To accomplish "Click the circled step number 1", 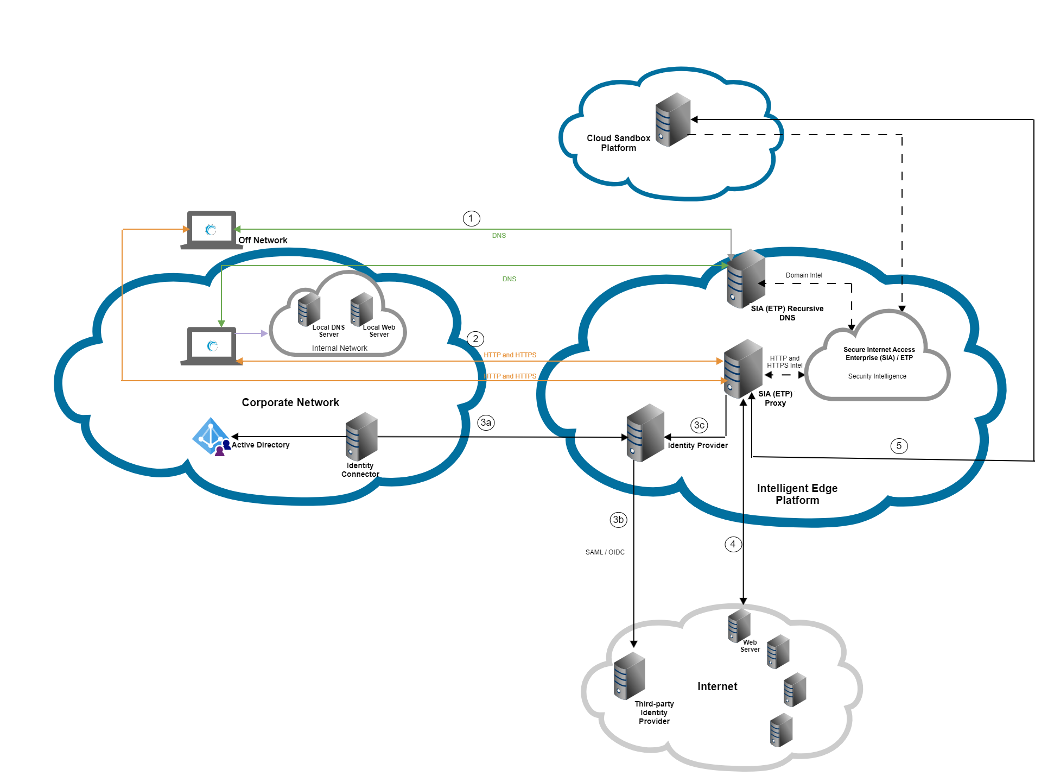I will coord(471,219).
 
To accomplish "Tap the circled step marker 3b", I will coord(618,520).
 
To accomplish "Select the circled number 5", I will coord(899,446).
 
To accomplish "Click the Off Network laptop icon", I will coord(211,230).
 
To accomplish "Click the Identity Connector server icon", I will coord(361,437).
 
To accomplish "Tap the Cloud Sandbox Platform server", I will coord(672,119).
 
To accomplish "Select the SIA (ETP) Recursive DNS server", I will coord(746,279).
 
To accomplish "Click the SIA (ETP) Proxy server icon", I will coord(743,368).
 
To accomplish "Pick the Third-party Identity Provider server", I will coord(629,676).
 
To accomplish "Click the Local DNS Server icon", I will coord(309,309).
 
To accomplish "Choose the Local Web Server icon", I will coord(361,309).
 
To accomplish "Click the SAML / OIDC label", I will coord(605,552).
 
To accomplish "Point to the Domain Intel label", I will coord(804,275).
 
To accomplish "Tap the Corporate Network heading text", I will coord(290,402).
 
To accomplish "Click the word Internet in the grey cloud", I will coord(717,686).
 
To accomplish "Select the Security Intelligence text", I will coord(877,376).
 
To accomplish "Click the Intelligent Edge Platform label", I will coord(797,494).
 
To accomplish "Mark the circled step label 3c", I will coord(699,425).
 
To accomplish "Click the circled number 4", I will coord(733,544).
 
